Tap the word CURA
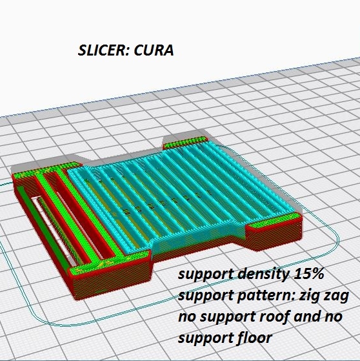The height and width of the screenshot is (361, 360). point(154,50)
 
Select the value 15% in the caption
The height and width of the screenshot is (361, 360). point(308,274)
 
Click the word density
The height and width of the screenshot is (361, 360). point(263,274)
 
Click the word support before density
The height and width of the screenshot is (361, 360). point(205,275)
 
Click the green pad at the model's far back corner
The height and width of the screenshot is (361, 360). point(185,142)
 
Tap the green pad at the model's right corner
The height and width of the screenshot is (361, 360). point(274,220)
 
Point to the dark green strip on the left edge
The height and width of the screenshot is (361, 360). point(42,229)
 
